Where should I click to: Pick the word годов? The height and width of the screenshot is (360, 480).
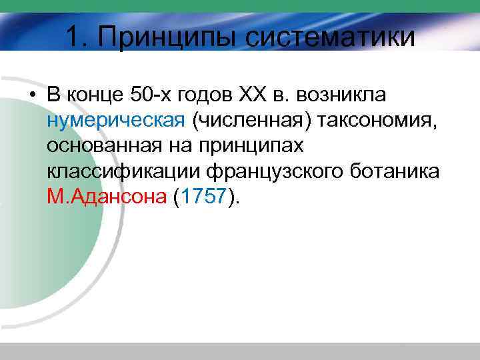point(207,95)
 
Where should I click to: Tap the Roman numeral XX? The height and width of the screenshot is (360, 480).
point(253,95)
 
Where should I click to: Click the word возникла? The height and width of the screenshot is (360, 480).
point(343,95)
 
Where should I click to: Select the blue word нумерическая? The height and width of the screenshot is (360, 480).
point(115,121)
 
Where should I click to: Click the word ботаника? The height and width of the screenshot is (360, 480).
point(397,171)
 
